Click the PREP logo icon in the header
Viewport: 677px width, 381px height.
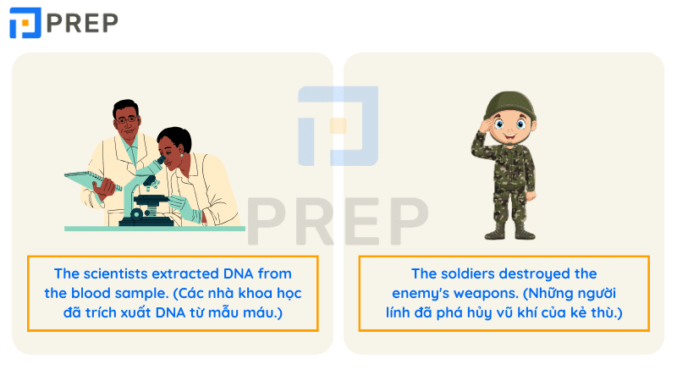tap(25, 23)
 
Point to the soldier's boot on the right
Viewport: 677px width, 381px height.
tap(525, 232)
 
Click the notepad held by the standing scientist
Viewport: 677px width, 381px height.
tap(93, 181)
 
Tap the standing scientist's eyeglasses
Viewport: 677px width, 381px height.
tap(127, 119)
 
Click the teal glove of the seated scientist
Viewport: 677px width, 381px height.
tap(184, 208)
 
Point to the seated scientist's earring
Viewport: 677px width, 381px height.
tap(181, 154)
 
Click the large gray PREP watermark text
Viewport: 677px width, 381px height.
tap(338, 221)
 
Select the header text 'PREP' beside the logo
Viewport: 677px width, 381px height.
tap(82, 23)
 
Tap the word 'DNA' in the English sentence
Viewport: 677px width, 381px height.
tap(239, 273)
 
